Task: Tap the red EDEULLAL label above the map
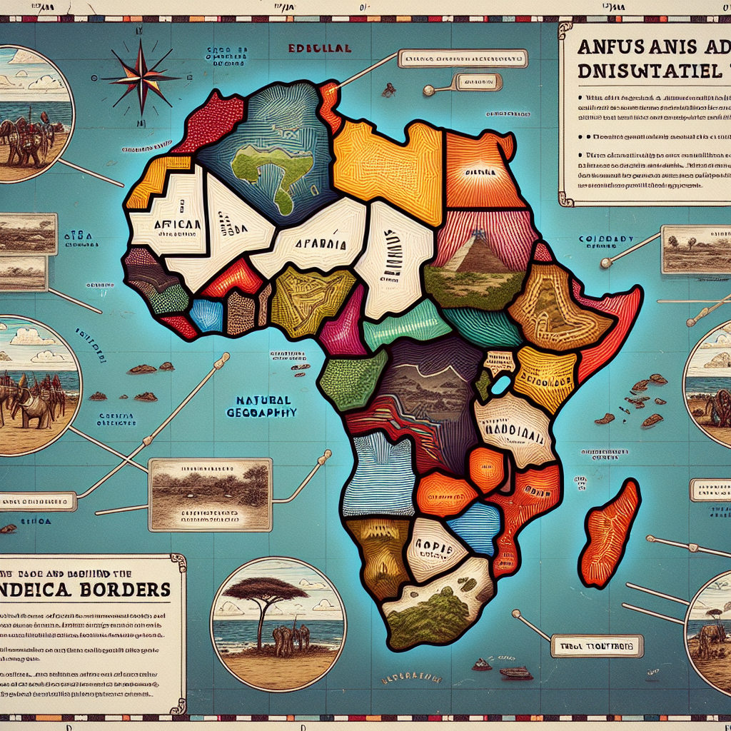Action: tap(319, 49)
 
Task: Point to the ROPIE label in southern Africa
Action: tap(433, 545)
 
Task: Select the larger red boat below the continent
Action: tap(516, 672)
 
